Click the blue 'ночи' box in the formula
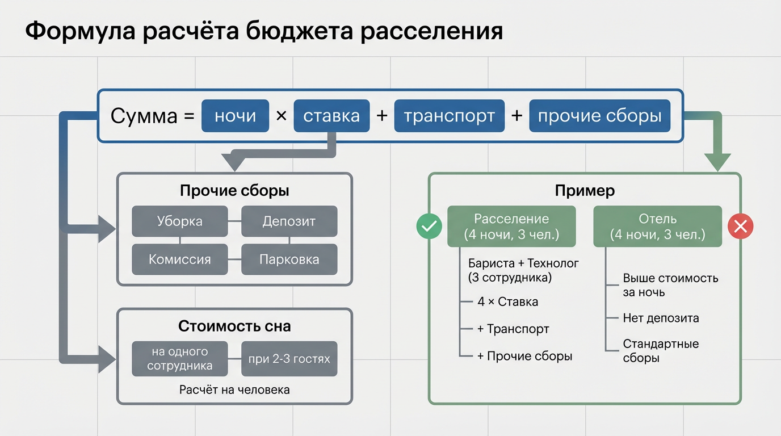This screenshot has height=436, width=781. (x=235, y=116)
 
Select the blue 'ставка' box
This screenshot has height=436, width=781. (x=331, y=116)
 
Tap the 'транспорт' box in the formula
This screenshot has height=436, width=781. (x=449, y=116)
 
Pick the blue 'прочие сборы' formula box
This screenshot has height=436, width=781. (x=599, y=116)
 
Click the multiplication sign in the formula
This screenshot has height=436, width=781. (x=281, y=116)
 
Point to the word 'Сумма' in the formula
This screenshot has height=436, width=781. (x=144, y=116)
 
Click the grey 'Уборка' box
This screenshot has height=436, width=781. (x=180, y=221)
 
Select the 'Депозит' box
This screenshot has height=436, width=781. (x=289, y=221)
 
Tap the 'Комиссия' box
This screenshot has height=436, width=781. (x=180, y=259)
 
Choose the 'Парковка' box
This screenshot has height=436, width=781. (x=289, y=259)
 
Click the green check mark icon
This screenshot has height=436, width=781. (x=429, y=227)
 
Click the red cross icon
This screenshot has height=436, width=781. (x=740, y=227)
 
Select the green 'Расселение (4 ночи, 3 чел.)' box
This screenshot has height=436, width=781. (x=511, y=227)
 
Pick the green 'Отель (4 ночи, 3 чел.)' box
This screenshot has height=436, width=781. (x=657, y=227)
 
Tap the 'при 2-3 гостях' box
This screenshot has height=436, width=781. (x=289, y=359)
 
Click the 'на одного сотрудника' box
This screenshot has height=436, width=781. (x=180, y=359)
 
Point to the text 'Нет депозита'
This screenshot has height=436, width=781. (x=661, y=318)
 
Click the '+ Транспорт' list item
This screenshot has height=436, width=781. (x=513, y=329)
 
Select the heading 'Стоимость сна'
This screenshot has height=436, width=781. (x=234, y=326)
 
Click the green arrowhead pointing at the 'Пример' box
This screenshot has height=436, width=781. (x=718, y=162)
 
